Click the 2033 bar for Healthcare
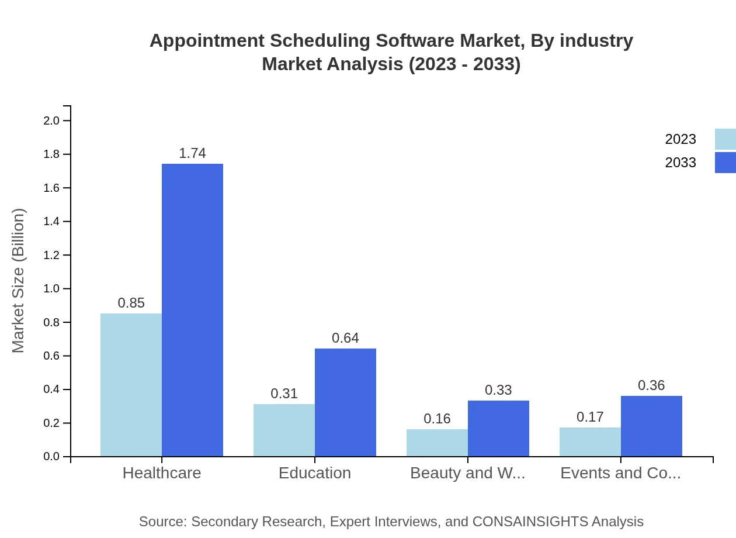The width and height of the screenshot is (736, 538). pyautogui.click(x=192, y=310)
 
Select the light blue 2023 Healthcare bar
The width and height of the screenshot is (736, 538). pyautogui.click(x=131, y=385)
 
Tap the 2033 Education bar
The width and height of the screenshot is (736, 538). pyautogui.click(x=345, y=402)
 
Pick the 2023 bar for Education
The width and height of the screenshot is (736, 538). pyautogui.click(x=284, y=430)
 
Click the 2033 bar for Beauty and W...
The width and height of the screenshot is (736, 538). pyautogui.click(x=498, y=428)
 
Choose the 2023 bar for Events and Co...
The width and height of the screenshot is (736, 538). pyautogui.click(x=590, y=442)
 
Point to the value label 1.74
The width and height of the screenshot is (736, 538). pyautogui.click(x=192, y=153)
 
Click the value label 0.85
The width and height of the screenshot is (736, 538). pyautogui.click(x=131, y=303)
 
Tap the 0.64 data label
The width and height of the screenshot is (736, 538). pyautogui.click(x=345, y=338)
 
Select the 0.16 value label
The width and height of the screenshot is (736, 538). pyautogui.click(x=437, y=419)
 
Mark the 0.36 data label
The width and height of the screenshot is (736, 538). pyautogui.click(x=651, y=385)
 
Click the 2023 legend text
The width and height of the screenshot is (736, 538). pyautogui.click(x=681, y=139)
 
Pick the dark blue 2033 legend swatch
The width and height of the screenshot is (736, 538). pyautogui.click(x=725, y=163)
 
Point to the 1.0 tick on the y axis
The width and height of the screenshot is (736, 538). pyautogui.click(x=51, y=289)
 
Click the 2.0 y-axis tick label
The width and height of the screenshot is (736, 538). pyautogui.click(x=51, y=121)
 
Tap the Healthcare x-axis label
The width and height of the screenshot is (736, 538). pyautogui.click(x=162, y=473)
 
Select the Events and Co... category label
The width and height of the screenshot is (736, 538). pyautogui.click(x=620, y=473)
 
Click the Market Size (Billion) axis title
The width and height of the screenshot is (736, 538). pyautogui.click(x=19, y=281)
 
